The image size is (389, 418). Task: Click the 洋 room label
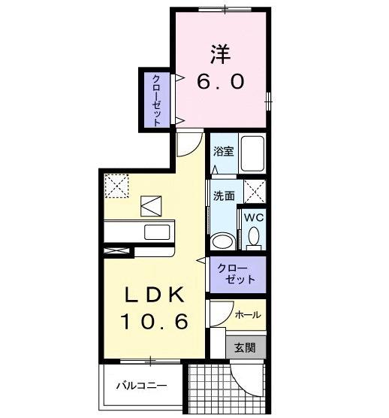pos(220,53)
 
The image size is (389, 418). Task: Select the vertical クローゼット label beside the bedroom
pos(156,99)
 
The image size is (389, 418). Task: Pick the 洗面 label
pos(224,195)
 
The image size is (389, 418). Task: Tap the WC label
pos(254,219)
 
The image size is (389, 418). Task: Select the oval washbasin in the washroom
pos(222,241)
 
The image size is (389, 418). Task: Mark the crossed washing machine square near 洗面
pos(255,192)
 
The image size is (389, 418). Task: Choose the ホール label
pos(248,314)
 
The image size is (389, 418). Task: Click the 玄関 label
pos(245,347)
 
